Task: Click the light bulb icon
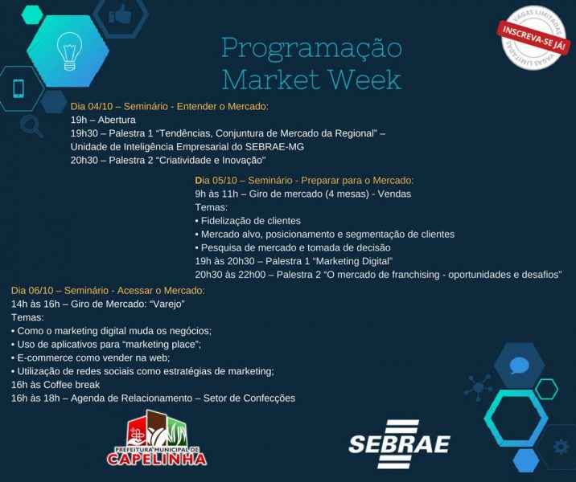68,51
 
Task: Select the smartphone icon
19,88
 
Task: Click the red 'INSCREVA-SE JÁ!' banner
533,38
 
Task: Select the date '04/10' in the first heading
101,106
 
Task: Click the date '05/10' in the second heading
224,181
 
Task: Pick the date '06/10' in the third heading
41,291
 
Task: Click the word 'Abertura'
117,120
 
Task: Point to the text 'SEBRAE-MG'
274,147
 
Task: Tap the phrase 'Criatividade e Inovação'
212,161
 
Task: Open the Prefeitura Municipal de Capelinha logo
157,438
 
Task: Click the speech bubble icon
520,366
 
